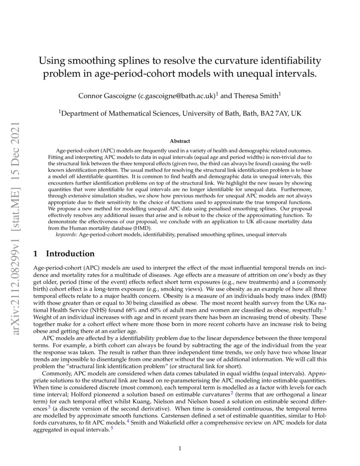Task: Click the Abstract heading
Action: coord(180,141)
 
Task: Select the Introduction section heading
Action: coord(70,254)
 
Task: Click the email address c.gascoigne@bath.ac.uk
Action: coord(177,96)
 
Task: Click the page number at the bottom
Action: coord(180,449)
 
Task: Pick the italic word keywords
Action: coord(66,234)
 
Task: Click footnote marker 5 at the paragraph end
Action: coord(111,427)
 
